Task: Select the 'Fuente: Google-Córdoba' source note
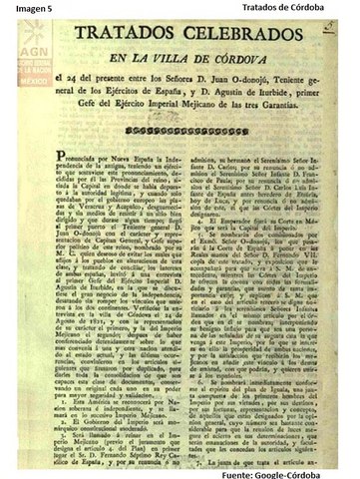point(295,470)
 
